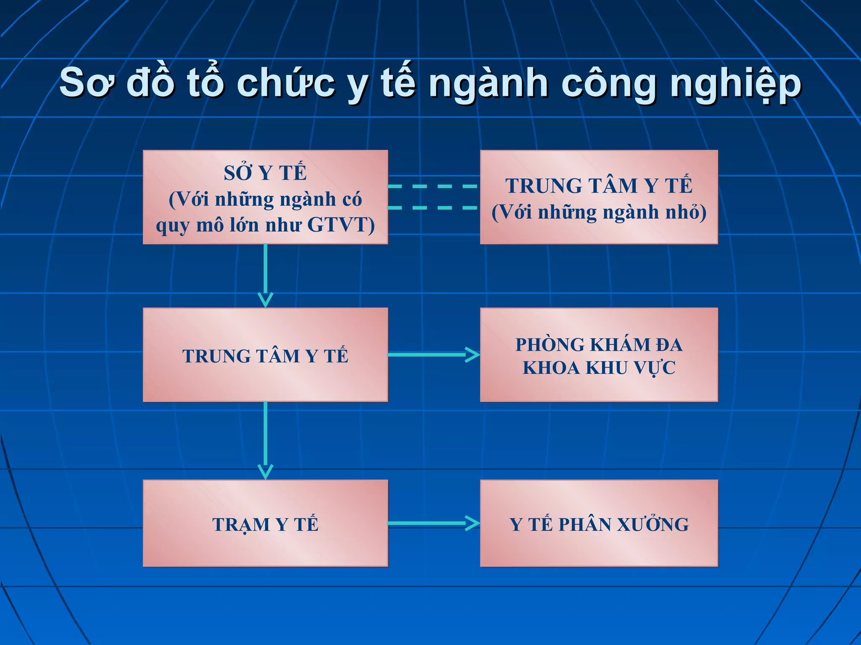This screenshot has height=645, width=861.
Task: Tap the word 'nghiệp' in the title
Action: [736, 84]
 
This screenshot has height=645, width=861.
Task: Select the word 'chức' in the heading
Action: [285, 83]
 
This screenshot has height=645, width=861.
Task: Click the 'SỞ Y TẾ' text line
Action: [265, 173]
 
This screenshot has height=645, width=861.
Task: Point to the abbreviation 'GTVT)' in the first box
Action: [341, 225]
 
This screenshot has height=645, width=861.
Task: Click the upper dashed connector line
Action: [433, 186]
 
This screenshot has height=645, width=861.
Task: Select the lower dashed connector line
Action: [433, 207]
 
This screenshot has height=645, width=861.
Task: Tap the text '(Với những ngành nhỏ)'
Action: [599, 212]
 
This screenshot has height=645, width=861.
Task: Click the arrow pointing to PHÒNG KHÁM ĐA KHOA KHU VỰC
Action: [433, 355]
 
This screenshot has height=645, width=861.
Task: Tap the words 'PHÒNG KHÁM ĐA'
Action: [599, 345]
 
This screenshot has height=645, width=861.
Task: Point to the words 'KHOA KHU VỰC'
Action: [599, 368]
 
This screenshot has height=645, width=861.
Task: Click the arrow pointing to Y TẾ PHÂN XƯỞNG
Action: [433, 523]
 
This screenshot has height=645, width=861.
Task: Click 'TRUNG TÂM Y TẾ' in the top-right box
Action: [599, 186]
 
